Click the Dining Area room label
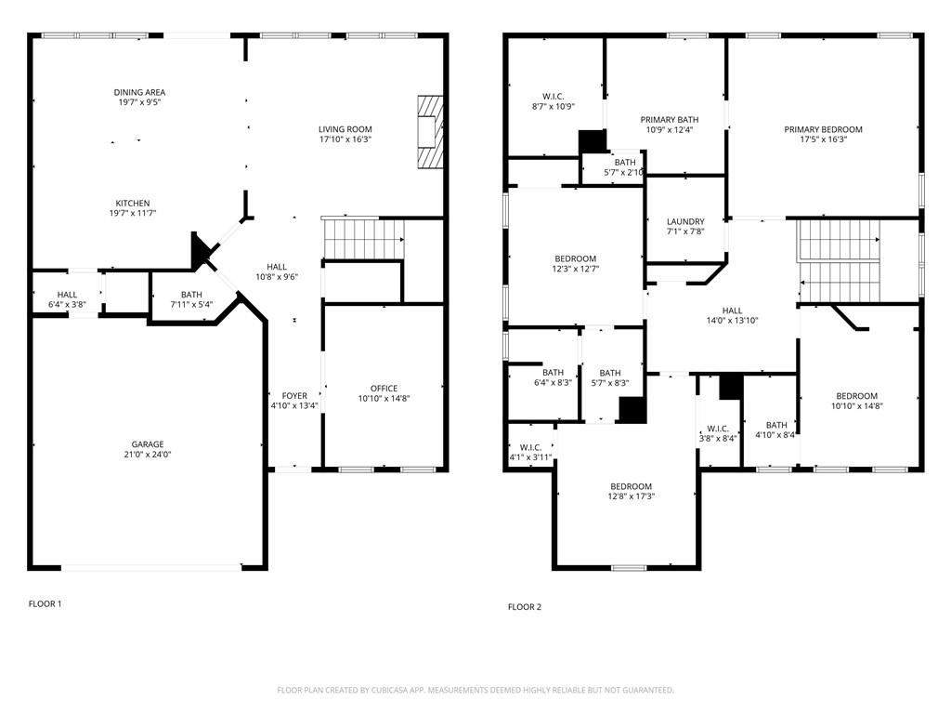click(139, 92)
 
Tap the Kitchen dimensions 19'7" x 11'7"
click(133, 213)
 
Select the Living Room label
click(345, 128)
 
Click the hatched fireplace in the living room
click(430, 132)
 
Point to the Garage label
click(148, 444)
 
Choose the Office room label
click(384, 389)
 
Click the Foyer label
click(294, 396)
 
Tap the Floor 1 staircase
click(363, 239)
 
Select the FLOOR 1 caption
click(45, 603)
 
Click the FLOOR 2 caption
click(525, 606)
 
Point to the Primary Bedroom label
click(823, 129)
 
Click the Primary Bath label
click(670, 120)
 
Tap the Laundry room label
click(685, 221)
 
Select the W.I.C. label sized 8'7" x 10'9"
click(554, 97)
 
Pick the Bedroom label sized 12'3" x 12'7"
click(575, 258)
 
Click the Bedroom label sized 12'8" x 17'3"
click(631, 486)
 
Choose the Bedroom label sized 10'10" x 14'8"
click(856, 396)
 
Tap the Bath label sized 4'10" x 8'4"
click(776, 425)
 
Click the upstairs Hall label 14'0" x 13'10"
click(732, 311)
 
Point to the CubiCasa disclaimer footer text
click(475, 691)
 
